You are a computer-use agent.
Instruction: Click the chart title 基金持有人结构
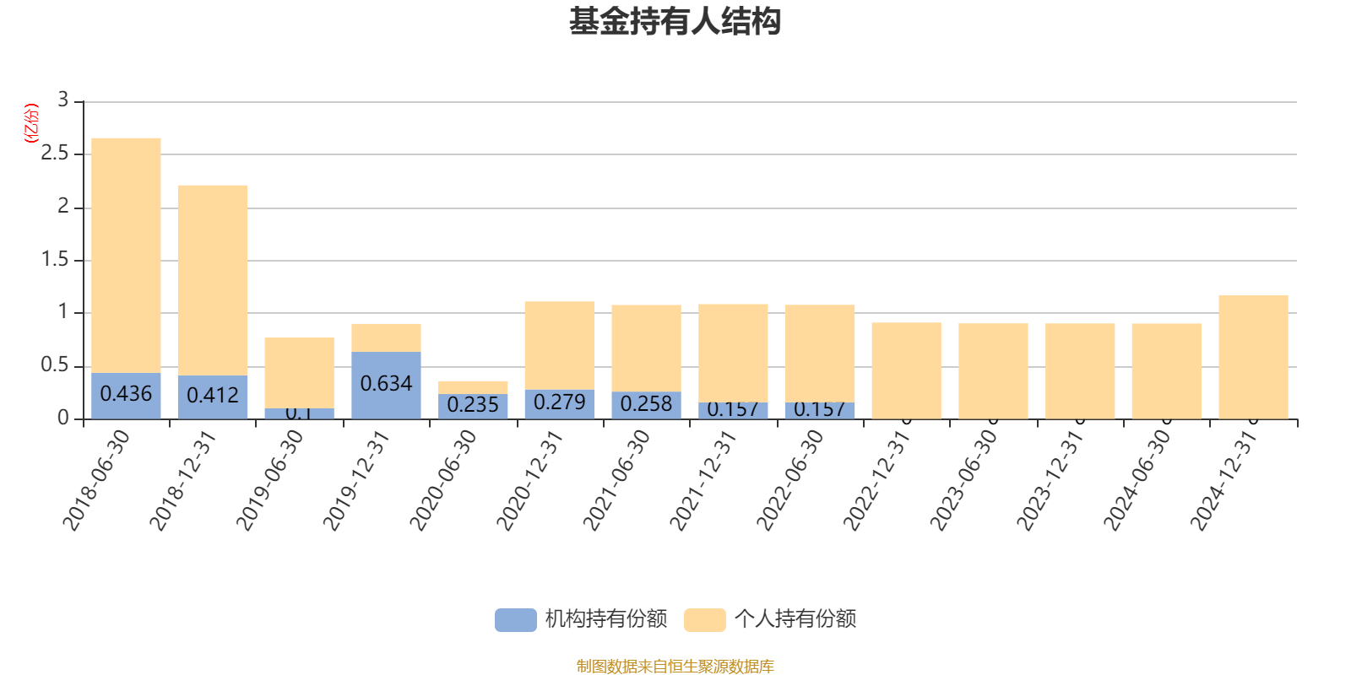coord(675,23)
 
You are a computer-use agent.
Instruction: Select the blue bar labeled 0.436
coord(126,395)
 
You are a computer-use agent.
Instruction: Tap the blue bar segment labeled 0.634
coord(386,385)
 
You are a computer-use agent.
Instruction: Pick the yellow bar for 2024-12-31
coord(1253,356)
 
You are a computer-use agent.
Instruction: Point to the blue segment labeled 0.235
coord(473,406)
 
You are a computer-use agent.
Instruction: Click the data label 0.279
coord(559,402)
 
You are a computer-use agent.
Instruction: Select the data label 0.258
coord(646,404)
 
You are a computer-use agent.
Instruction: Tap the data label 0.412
coord(213,395)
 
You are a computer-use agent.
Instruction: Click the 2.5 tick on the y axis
coord(55,154)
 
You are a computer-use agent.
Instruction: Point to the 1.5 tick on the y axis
coord(55,260)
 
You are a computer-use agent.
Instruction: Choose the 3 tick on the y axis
coord(63,100)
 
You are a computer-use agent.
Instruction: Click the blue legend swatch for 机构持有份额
coord(515,620)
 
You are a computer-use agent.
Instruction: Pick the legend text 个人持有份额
coord(795,619)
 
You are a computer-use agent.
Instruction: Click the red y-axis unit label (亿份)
coord(30,123)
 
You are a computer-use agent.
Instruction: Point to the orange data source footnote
coord(675,667)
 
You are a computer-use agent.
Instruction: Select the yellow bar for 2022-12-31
coord(906,370)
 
